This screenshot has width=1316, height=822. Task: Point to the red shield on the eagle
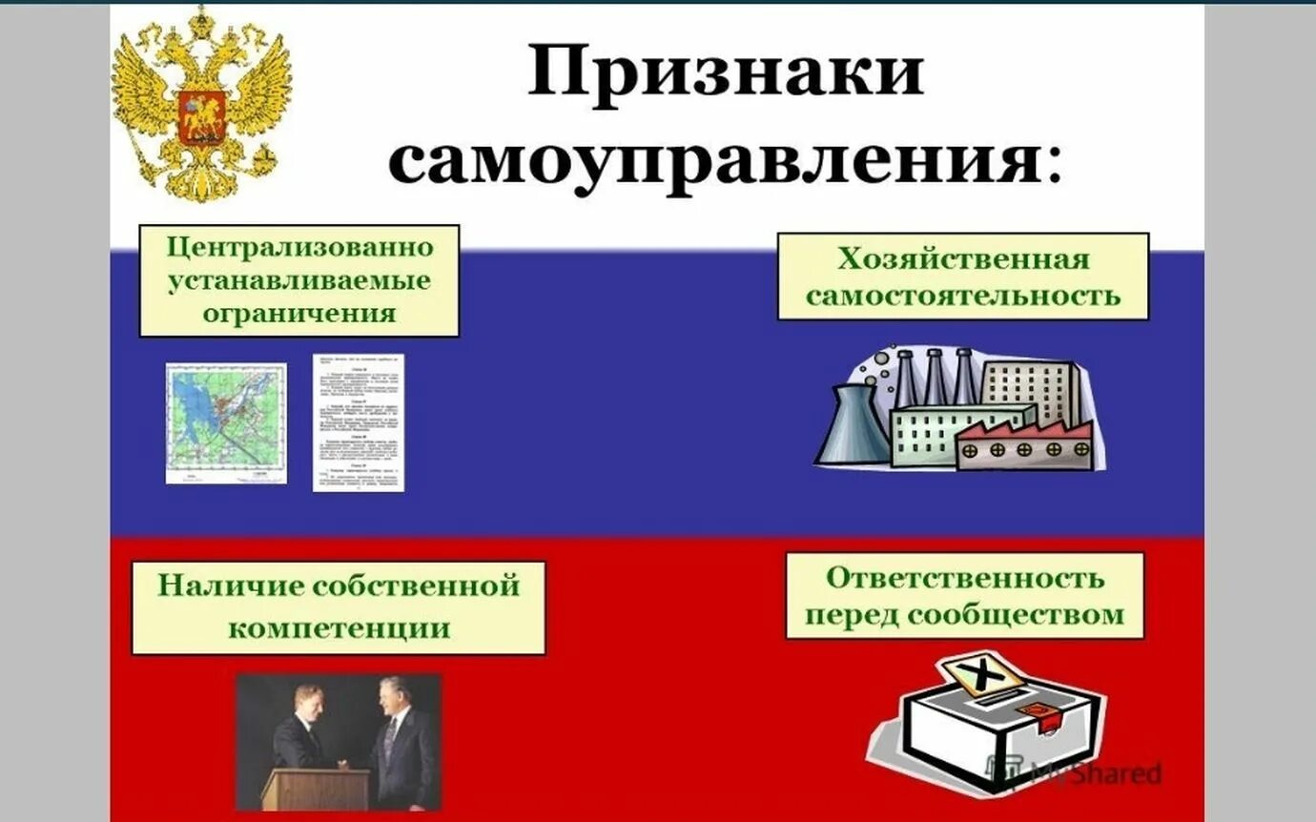pyautogui.click(x=202, y=115)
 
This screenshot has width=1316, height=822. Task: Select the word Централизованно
pyautogui.click(x=300, y=248)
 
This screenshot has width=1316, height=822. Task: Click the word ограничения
pyautogui.click(x=299, y=313)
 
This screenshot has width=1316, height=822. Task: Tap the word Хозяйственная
pyautogui.click(x=963, y=259)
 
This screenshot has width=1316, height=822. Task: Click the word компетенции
pyautogui.click(x=340, y=627)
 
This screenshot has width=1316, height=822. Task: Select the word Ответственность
pyautogui.click(x=965, y=577)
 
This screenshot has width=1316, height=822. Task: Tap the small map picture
pyautogui.click(x=226, y=422)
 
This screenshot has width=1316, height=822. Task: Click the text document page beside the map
pyautogui.click(x=359, y=422)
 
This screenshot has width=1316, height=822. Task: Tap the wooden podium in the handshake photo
pyautogui.click(x=302, y=789)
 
